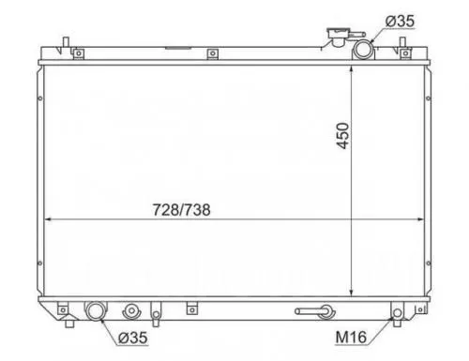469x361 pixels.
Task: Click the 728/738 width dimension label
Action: pos(181,210)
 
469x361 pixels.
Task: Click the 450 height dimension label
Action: pos(342,136)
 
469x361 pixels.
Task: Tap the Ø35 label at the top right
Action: pos(400,22)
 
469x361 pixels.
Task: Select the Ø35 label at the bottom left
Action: pos(133,338)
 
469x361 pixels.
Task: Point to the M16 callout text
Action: pos(351,338)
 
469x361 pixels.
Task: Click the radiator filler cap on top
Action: pos(337,36)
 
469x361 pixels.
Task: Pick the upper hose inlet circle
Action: pos(363,50)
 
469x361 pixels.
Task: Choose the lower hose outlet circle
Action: pos(95,311)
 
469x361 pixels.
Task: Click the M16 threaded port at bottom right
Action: pos(397,312)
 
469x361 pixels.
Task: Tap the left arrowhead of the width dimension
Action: pos(48,219)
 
